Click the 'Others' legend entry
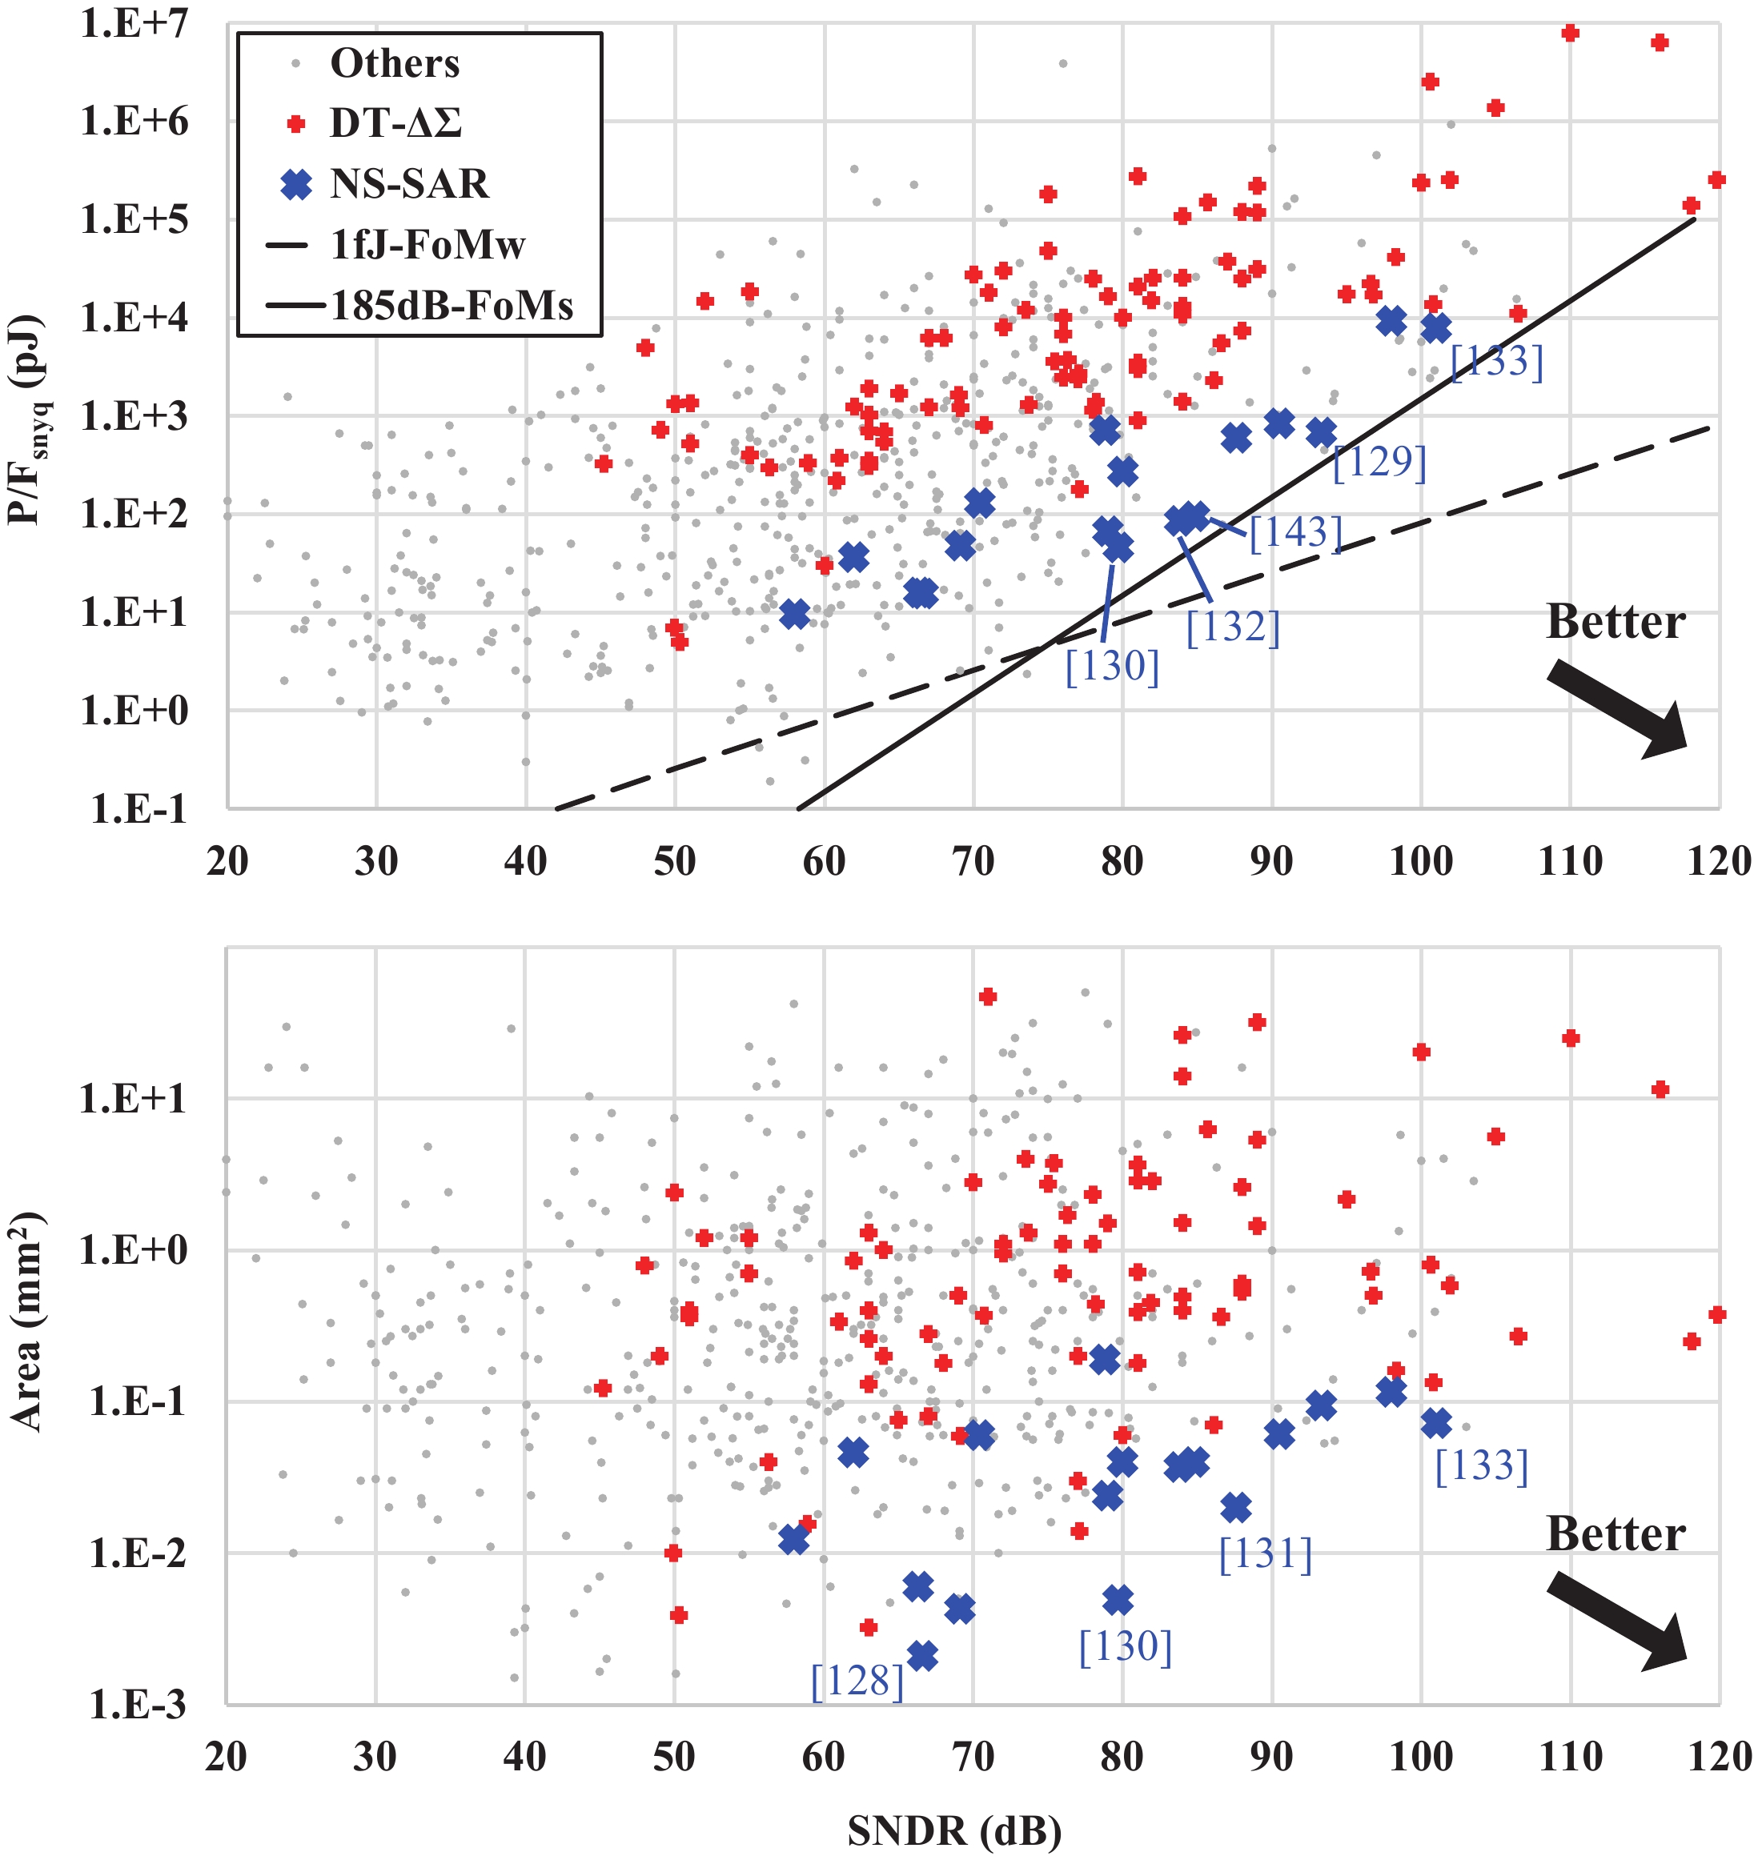[x=394, y=63]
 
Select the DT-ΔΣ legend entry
[x=395, y=123]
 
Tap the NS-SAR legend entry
[x=408, y=184]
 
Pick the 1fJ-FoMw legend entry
[x=427, y=245]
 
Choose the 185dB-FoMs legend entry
[x=452, y=306]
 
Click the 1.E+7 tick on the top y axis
[x=134, y=23]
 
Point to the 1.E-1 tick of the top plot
[x=138, y=810]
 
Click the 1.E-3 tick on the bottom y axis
[x=137, y=1706]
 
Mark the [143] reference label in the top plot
[x=1295, y=533]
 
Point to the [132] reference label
[x=1233, y=627]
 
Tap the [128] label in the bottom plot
[x=857, y=1682]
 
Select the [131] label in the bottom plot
[x=1266, y=1554]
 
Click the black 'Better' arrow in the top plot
[x=1616, y=708]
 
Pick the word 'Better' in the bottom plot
[x=1616, y=1533]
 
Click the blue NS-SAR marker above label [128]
[x=922, y=1656]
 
